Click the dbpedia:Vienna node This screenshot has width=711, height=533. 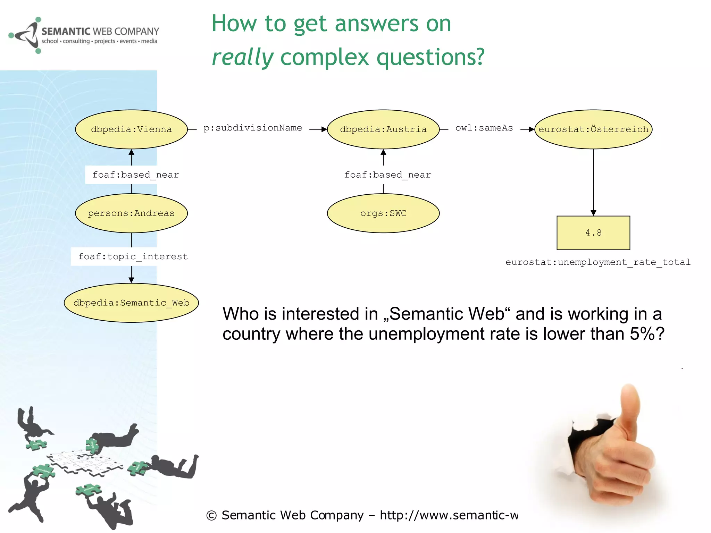[131, 129]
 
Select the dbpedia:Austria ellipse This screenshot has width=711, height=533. [383, 129]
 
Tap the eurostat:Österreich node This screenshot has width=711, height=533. [593, 129]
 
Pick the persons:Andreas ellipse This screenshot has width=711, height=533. [131, 213]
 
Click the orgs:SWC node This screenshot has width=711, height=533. [383, 213]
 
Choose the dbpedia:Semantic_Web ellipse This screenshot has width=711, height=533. [131, 303]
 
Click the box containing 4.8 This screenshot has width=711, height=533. [593, 233]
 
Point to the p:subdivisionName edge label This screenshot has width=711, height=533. [252, 128]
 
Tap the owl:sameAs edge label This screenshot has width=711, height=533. [484, 128]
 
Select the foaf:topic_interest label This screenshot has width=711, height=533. [133, 256]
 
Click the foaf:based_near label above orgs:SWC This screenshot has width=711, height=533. [387, 175]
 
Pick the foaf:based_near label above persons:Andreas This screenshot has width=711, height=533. [135, 175]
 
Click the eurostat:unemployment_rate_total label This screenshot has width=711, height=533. [598, 262]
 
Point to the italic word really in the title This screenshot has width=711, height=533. [243, 57]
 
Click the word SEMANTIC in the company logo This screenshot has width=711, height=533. [66, 32]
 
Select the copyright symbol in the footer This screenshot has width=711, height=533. [211, 516]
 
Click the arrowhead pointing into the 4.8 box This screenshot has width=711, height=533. [593, 213]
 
